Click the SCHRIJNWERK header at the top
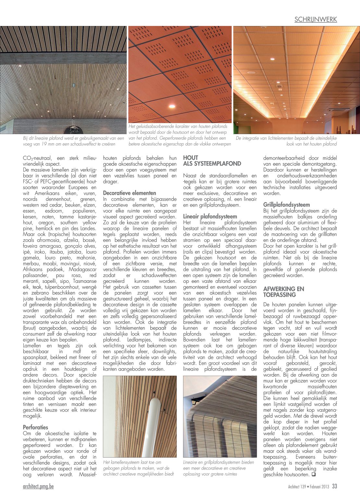coord(316,19)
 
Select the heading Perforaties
coord(35,427)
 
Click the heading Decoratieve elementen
coord(130,193)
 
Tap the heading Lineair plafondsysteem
coord(210,216)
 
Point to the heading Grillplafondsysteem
coord(286,205)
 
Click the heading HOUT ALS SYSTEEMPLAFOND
coord(212,160)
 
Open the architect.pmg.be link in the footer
coord(38,486)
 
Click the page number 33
coord(334,486)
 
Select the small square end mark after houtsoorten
coord(314,474)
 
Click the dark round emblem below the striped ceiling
coord(73,130)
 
